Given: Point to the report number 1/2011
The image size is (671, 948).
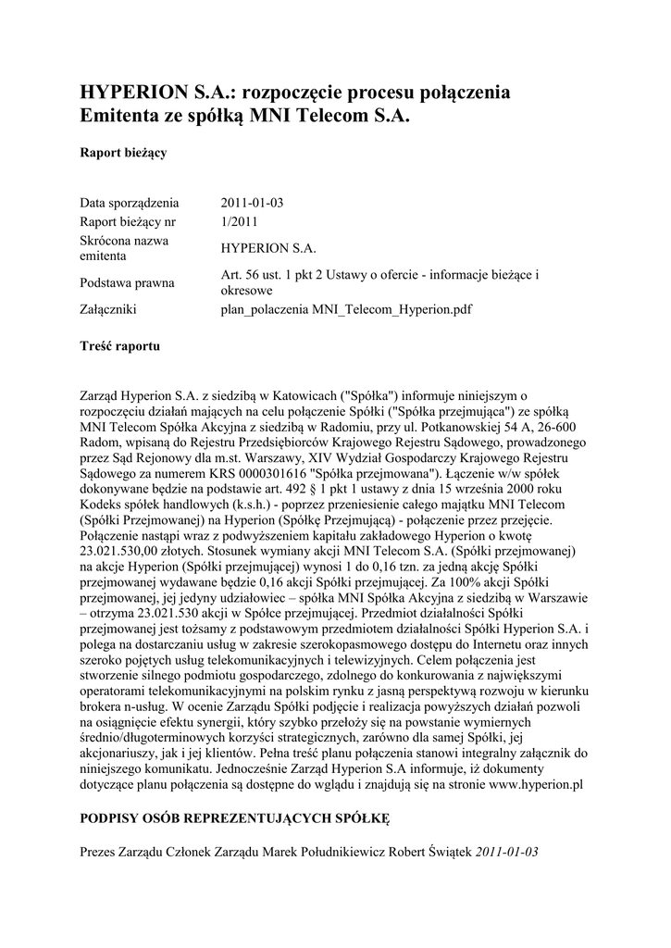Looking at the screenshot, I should coord(240,222).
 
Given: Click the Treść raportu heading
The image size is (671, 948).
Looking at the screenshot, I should coord(120,346).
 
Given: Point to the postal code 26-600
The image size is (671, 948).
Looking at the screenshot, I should coord(554,429).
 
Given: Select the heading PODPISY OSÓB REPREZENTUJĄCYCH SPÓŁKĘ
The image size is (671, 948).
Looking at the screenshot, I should coord(236,819).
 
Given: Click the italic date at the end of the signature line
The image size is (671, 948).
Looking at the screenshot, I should coord(506,852).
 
